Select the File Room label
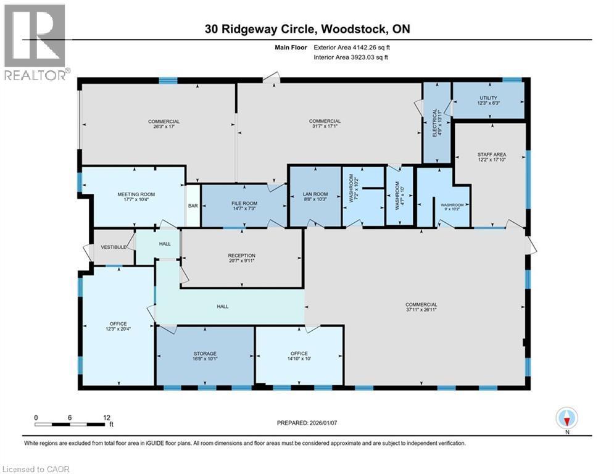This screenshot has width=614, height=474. click(x=244, y=203)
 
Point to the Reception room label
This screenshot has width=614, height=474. click(x=241, y=256)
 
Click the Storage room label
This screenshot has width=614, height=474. click(x=204, y=353)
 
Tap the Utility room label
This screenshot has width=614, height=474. click(x=488, y=98)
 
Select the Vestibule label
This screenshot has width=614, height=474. click(x=114, y=247)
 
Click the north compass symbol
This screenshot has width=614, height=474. click(x=566, y=419)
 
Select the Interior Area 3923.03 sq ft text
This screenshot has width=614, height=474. click(x=351, y=57)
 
